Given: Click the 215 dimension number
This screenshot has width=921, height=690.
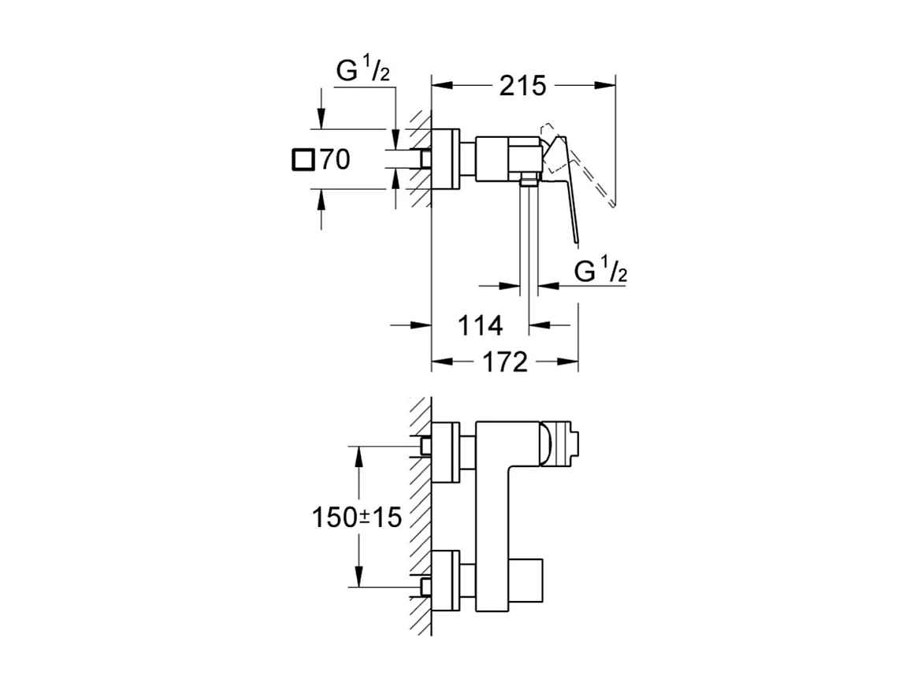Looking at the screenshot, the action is (x=522, y=87).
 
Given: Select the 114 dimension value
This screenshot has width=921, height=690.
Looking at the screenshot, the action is (x=480, y=325).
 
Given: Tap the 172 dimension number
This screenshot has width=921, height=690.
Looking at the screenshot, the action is (x=505, y=362).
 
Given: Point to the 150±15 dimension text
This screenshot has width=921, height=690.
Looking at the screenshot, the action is (x=357, y=517).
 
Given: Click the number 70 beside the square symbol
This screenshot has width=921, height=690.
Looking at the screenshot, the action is (x=335, y=159).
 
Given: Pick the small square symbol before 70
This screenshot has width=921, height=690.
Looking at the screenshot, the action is (x=303, y=160).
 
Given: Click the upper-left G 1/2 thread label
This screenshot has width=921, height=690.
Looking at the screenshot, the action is (x=362, y=71).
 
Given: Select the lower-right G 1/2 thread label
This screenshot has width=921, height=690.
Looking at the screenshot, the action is (x=600, y=271).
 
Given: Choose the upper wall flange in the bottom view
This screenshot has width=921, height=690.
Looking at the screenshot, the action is (x=445, y=452).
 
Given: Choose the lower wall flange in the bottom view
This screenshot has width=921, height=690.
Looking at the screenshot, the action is (x=445, y=581).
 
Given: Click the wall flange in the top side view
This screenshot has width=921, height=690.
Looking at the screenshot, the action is (x=445, y=158).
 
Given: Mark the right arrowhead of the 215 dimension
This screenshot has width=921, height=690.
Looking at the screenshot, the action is (x=605, y=86).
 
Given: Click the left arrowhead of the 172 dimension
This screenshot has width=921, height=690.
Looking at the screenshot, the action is (x=443, y=362).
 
